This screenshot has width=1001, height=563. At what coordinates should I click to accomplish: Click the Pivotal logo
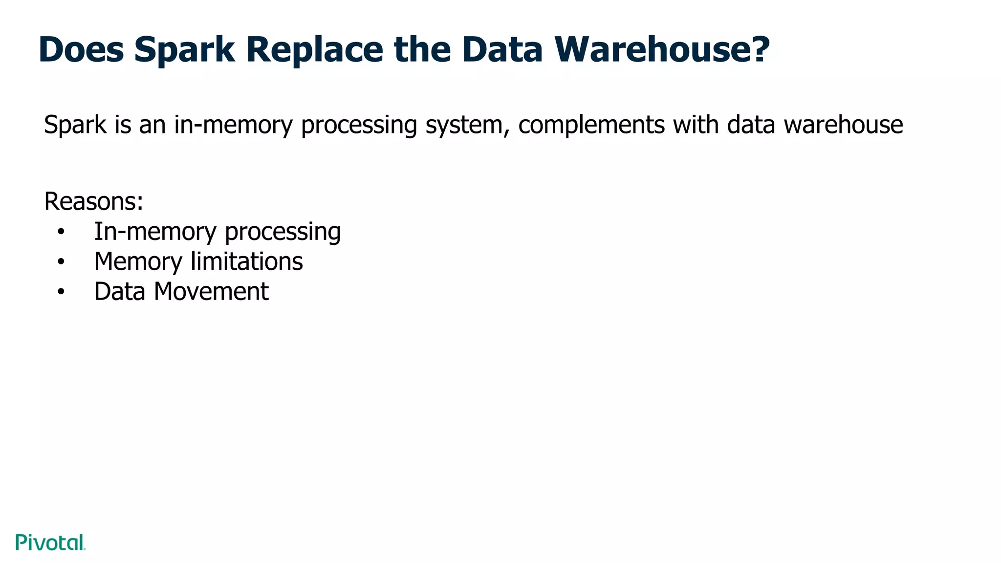[50, 542]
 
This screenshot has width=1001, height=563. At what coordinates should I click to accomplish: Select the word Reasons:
[94, 201]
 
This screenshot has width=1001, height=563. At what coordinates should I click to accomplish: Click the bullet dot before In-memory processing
[61, 232]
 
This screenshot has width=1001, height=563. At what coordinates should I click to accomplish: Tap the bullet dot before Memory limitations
[61, 262]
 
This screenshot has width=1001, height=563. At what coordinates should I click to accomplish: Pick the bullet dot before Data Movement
[61, 292]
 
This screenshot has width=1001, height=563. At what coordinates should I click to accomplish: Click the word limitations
[247, 261]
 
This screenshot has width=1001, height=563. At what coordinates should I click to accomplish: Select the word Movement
[211, 292]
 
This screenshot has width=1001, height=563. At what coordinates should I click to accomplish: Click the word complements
[591, 125]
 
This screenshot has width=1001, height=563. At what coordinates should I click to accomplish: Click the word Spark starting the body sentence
[75, 125]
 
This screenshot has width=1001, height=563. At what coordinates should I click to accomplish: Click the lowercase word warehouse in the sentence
[843, 125]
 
